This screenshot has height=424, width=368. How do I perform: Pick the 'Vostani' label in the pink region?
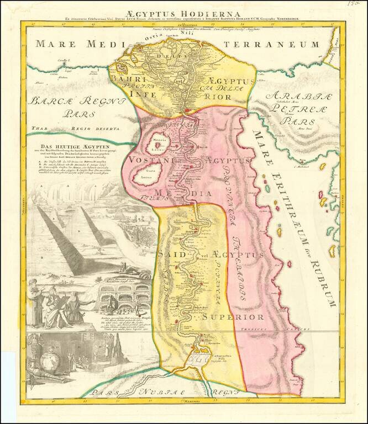[x=145, y=160]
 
